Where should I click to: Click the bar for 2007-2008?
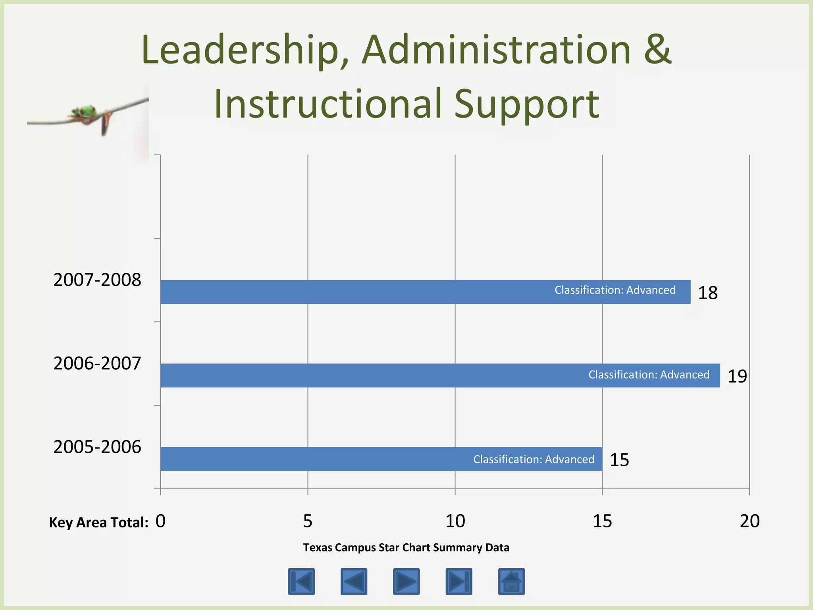pyautogui.click(x=425, y=292)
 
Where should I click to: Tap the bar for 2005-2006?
pyautogui.click(x=381, y=459)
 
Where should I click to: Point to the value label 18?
pyautogui.click(x=708, y=293)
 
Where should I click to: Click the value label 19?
pyautogui.click(x=737, y=376)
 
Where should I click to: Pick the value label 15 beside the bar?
pyautogui.click(x=619, y=460)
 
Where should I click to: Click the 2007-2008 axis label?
pyautogui.click(x=97, y=280)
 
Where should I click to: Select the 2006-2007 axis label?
pyautogui.click(x=97, y=363)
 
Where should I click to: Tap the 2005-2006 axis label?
pyautogui.click(x=97, y=447)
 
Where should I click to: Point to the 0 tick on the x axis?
pyautogui.click(x=160, y=521)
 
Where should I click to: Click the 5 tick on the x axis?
pyautogui.click(x=308, y=521)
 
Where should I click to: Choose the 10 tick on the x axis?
pyautogui.click(x=455, y=521)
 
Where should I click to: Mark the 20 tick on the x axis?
pyautogui.click(x=749, y=521)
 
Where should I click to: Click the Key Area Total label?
pyautogui.click(x=98, y=523)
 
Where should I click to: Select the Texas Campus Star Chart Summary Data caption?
pyautogui.click(x=406, y=548)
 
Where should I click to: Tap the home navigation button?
pyautogui.click(x=511, y=581)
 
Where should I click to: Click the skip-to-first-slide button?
pyautogui.click(x=301, y=581)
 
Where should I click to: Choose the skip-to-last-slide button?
pyautogui.click(x=459, y=581)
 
